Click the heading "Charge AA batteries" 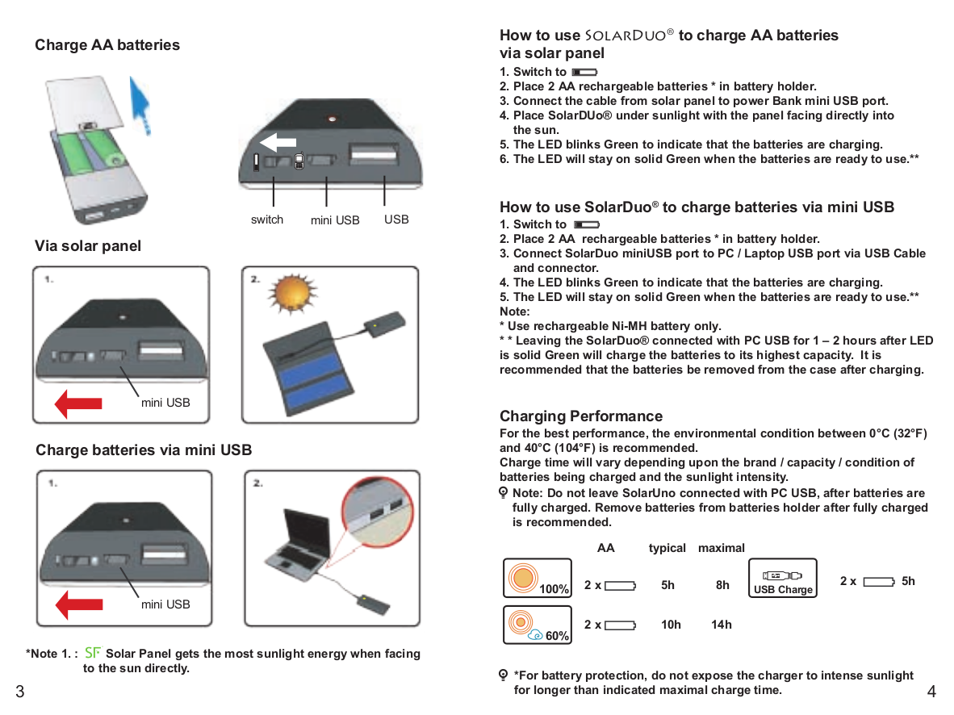(x=107, y=45)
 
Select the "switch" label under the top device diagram (x=267, y=220)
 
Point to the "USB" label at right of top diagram (x=396, y=220)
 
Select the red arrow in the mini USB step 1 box (x=78, y=604)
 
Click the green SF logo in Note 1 (x=93, y=653)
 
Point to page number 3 (x=19, y=691)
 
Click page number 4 (x=931, y=692)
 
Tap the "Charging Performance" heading (x=581, y=416)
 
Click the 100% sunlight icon (x=526, y=579)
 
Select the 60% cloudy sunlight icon (x=526, y=624)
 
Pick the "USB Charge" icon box (x=782, y=579)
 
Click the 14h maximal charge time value (x=722, y=625)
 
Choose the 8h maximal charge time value (x=722, y=585)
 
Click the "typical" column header (x=667, y=548)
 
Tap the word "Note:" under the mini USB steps (x=515, y=312)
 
